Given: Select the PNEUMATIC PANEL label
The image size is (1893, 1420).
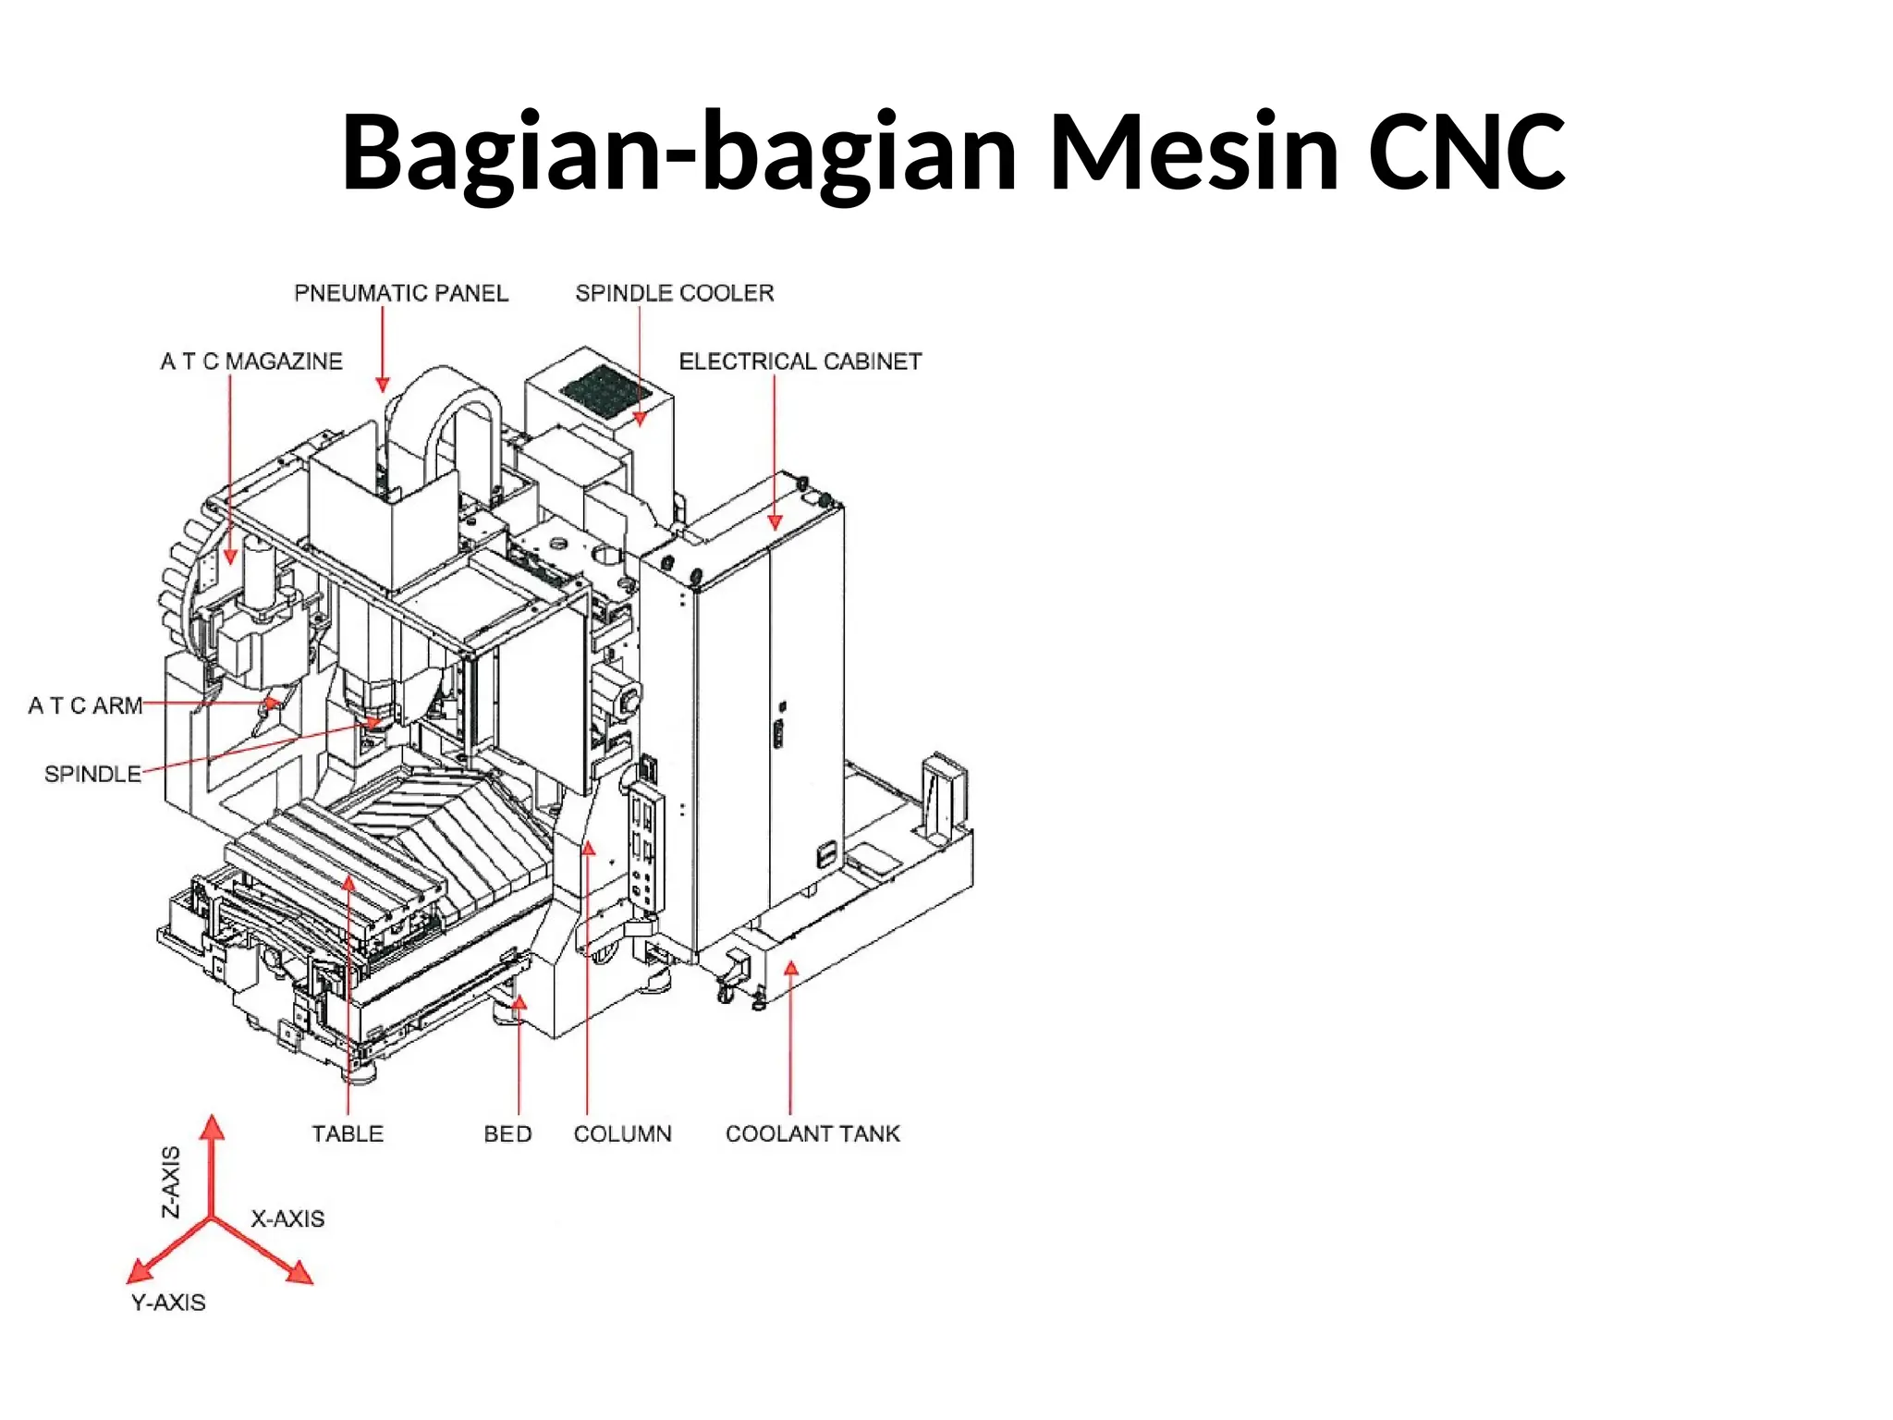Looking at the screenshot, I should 401,293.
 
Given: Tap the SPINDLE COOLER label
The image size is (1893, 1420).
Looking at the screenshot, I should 674,293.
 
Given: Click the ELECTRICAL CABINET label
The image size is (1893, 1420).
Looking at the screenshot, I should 800,361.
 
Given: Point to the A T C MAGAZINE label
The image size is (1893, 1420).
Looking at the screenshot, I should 251,361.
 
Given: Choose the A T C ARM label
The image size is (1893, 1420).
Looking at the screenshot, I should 85,706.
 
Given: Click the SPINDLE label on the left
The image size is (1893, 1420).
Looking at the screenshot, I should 92,774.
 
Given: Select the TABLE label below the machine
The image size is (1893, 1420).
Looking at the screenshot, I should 347,1134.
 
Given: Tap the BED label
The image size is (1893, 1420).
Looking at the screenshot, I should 507,1134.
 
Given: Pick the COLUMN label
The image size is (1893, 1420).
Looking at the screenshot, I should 622,1134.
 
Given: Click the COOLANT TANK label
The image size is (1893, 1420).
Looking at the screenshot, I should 812,1134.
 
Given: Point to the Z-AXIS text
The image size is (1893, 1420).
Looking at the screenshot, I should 172,1182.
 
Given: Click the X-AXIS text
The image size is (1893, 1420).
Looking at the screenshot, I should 287,1219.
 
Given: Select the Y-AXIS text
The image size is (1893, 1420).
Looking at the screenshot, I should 168,1303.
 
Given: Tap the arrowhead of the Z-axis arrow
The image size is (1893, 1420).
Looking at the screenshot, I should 213,1127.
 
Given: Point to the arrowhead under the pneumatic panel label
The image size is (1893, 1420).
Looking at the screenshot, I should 383,384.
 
